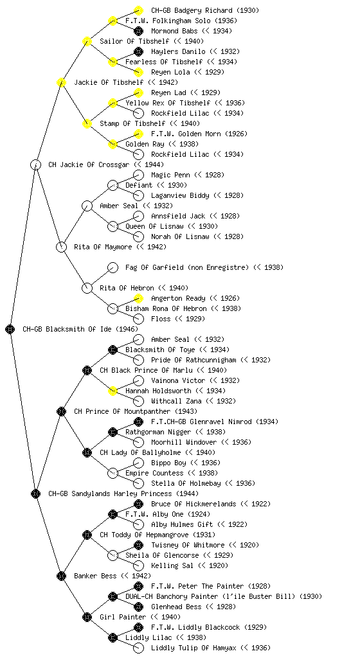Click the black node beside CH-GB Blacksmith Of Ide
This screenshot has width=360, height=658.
[x=10, y=330]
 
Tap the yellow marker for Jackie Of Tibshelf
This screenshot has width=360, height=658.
[x=62, y=83]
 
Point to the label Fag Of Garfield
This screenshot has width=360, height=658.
[x=153, y=268]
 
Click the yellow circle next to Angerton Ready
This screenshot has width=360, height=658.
[x=138, y=298]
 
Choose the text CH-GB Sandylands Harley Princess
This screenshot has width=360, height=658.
[x=110, y=494]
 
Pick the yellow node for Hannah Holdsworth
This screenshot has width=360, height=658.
[x=113, y=391]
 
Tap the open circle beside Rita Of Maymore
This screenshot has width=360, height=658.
[x=62, y=247]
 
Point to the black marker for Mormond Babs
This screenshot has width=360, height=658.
[x=138, y=31]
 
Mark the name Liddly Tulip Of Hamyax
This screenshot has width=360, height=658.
[x=194, y=648]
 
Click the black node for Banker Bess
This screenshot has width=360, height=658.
[x=62, y=576]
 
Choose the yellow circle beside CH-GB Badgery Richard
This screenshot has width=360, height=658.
[x=138, y=10]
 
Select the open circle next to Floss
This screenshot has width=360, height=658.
[x=138, y=319]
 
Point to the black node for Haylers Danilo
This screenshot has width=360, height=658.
[x=138, y=51]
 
